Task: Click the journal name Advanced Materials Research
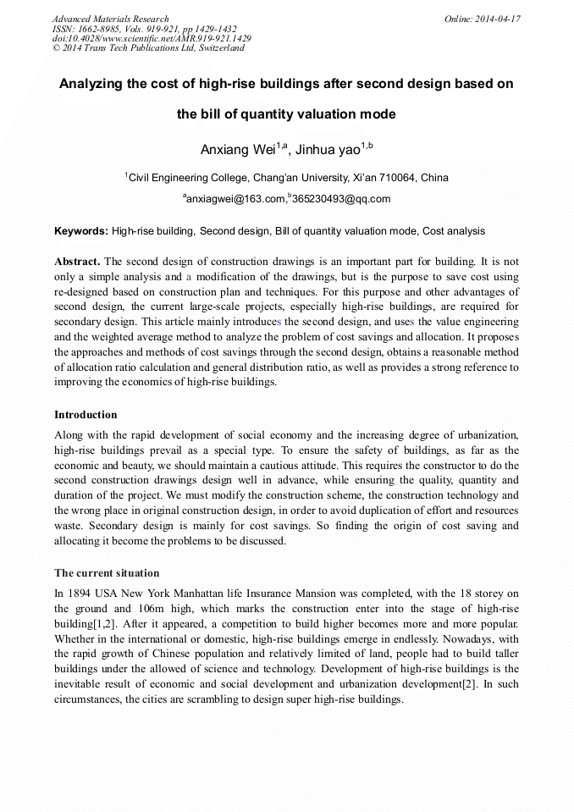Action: point(110,19)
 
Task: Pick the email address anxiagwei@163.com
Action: point(235,200)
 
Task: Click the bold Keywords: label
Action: point(81,231)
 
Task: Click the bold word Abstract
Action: point(77,262)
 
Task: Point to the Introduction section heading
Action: point(86,415)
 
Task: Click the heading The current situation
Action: point(107,573)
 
